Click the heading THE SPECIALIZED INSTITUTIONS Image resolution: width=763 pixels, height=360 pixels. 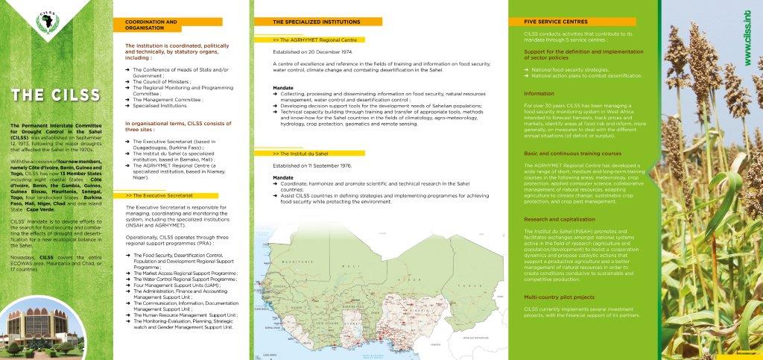(x=312, y=22)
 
